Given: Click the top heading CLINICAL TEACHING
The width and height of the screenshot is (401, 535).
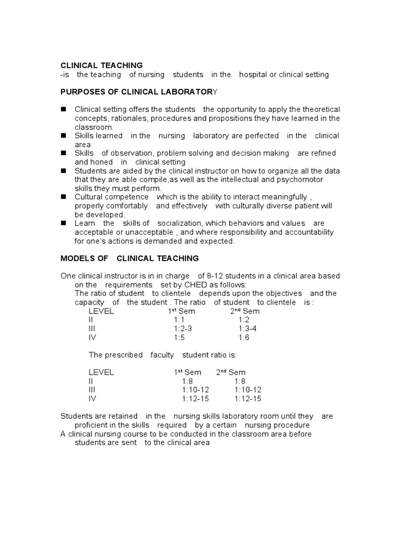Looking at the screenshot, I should coord(101,65).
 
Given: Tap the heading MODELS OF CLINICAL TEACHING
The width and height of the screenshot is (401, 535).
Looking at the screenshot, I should coord(129,258).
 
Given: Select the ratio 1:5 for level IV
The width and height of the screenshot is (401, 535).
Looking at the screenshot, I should coord(179,338).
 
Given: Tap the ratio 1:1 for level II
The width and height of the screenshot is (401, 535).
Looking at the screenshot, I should coord(179,320).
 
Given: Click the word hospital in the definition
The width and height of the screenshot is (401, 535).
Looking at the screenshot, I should coord(253,75).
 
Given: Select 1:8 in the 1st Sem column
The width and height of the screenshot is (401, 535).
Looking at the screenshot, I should coord(187,381).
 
